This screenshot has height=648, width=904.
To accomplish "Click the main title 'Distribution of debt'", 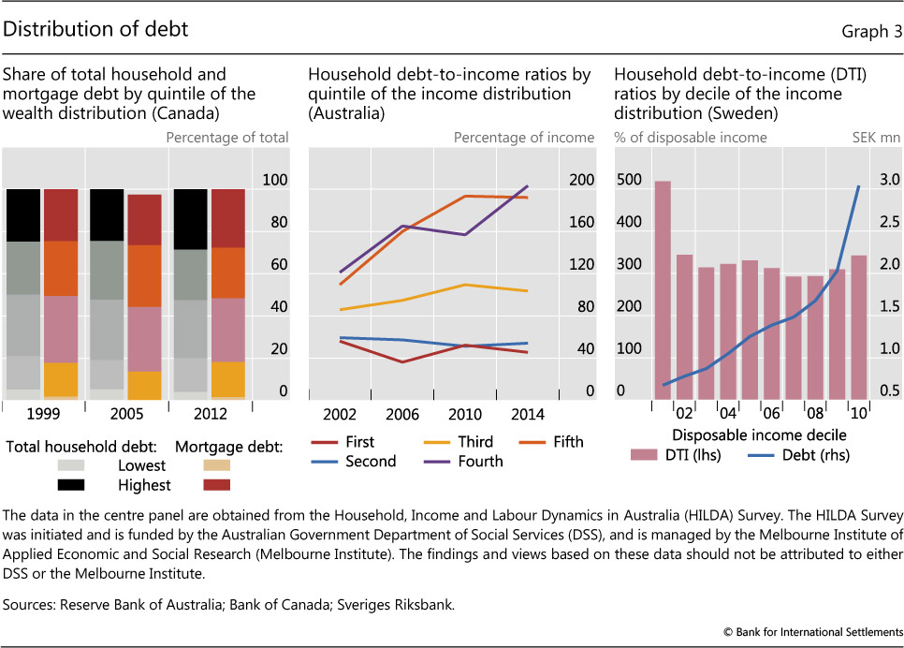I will pos(96,29).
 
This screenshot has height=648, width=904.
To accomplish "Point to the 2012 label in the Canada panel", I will pos(211,414).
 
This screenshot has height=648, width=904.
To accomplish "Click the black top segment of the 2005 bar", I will pos(107,214).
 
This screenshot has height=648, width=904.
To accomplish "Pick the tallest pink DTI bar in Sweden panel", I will pos(663,289).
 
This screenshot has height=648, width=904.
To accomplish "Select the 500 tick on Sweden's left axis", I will pos(630,180).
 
